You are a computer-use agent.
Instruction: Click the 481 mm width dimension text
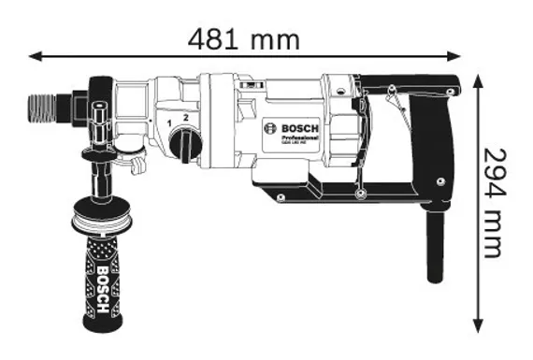point(244,38)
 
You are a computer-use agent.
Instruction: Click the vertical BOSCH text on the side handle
point(102,281)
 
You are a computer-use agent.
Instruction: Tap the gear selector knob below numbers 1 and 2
point(186,143)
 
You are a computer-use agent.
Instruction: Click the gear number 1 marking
point(168,122)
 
